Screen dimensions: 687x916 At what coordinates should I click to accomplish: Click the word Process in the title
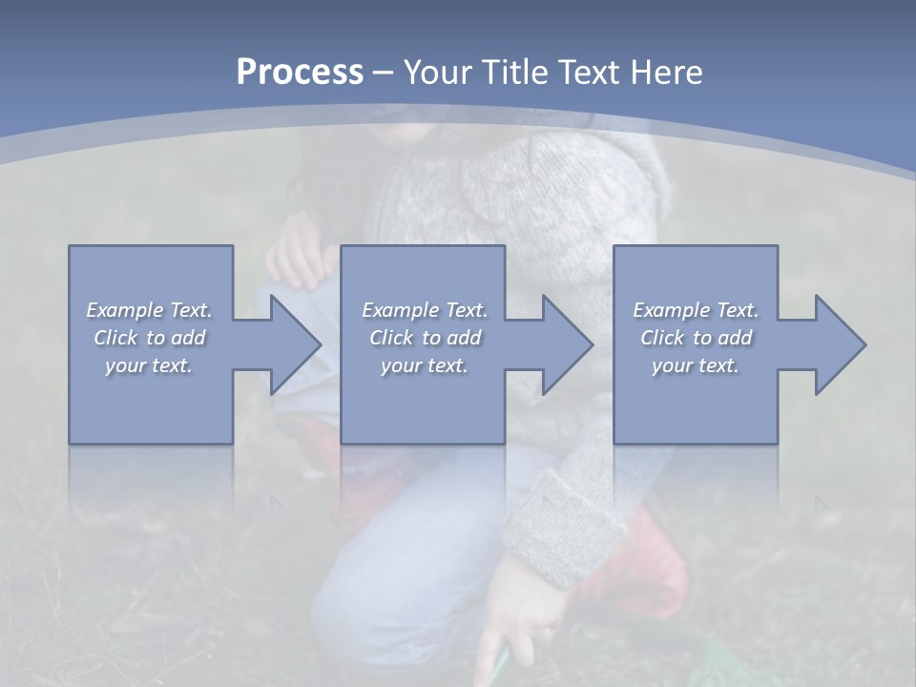tap(300, 73)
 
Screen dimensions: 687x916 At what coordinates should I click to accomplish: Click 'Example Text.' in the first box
tap(149, 310)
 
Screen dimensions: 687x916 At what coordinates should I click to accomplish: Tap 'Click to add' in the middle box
tap(425, 338)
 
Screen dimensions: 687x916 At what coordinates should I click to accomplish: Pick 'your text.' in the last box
tap(696, 365)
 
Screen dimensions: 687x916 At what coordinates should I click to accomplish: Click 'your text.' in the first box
tap(149, 365)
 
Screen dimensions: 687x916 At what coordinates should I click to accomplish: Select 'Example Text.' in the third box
tap(696, 310)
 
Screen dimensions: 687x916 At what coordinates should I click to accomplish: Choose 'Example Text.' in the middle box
tap(425, 310)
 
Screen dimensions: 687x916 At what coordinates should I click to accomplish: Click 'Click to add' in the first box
tap(149, 338)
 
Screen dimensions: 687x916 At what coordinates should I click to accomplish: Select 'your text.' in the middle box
tap(425, 365)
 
